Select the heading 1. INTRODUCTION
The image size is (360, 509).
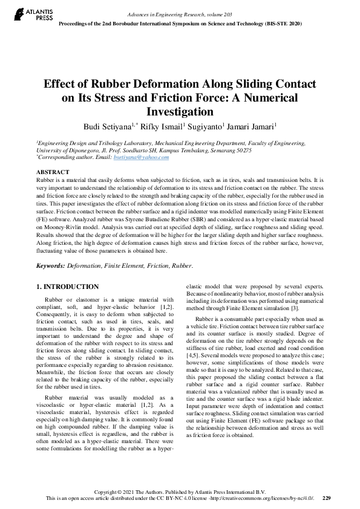click(x=67, y=286)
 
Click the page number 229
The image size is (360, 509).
click(x=327, y=498)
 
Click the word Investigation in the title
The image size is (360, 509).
click(x=180, y=111)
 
